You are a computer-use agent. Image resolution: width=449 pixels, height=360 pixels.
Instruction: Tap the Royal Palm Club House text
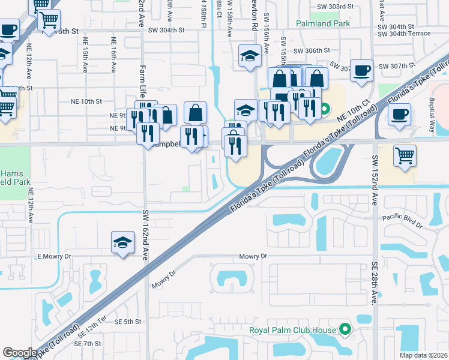(x=293, y=329)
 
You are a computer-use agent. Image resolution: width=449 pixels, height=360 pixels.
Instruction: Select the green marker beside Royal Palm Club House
(x=345, y=329)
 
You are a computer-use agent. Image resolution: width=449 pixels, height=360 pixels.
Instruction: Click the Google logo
(x=20, y=352)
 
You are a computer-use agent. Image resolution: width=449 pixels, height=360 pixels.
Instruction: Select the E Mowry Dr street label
(x=54, y=256)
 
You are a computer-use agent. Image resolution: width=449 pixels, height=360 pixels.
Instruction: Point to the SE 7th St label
(x=88, y=343)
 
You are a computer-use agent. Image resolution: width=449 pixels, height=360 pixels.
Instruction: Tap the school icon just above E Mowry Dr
(x=122, y=242)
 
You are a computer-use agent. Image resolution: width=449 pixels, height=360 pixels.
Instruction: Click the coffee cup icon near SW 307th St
(x=361, y=70)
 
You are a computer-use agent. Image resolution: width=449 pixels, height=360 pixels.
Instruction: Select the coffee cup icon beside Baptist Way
(x=399, y=113)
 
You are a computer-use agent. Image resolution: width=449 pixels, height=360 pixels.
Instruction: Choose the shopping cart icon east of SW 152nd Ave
(x=405, y=155)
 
